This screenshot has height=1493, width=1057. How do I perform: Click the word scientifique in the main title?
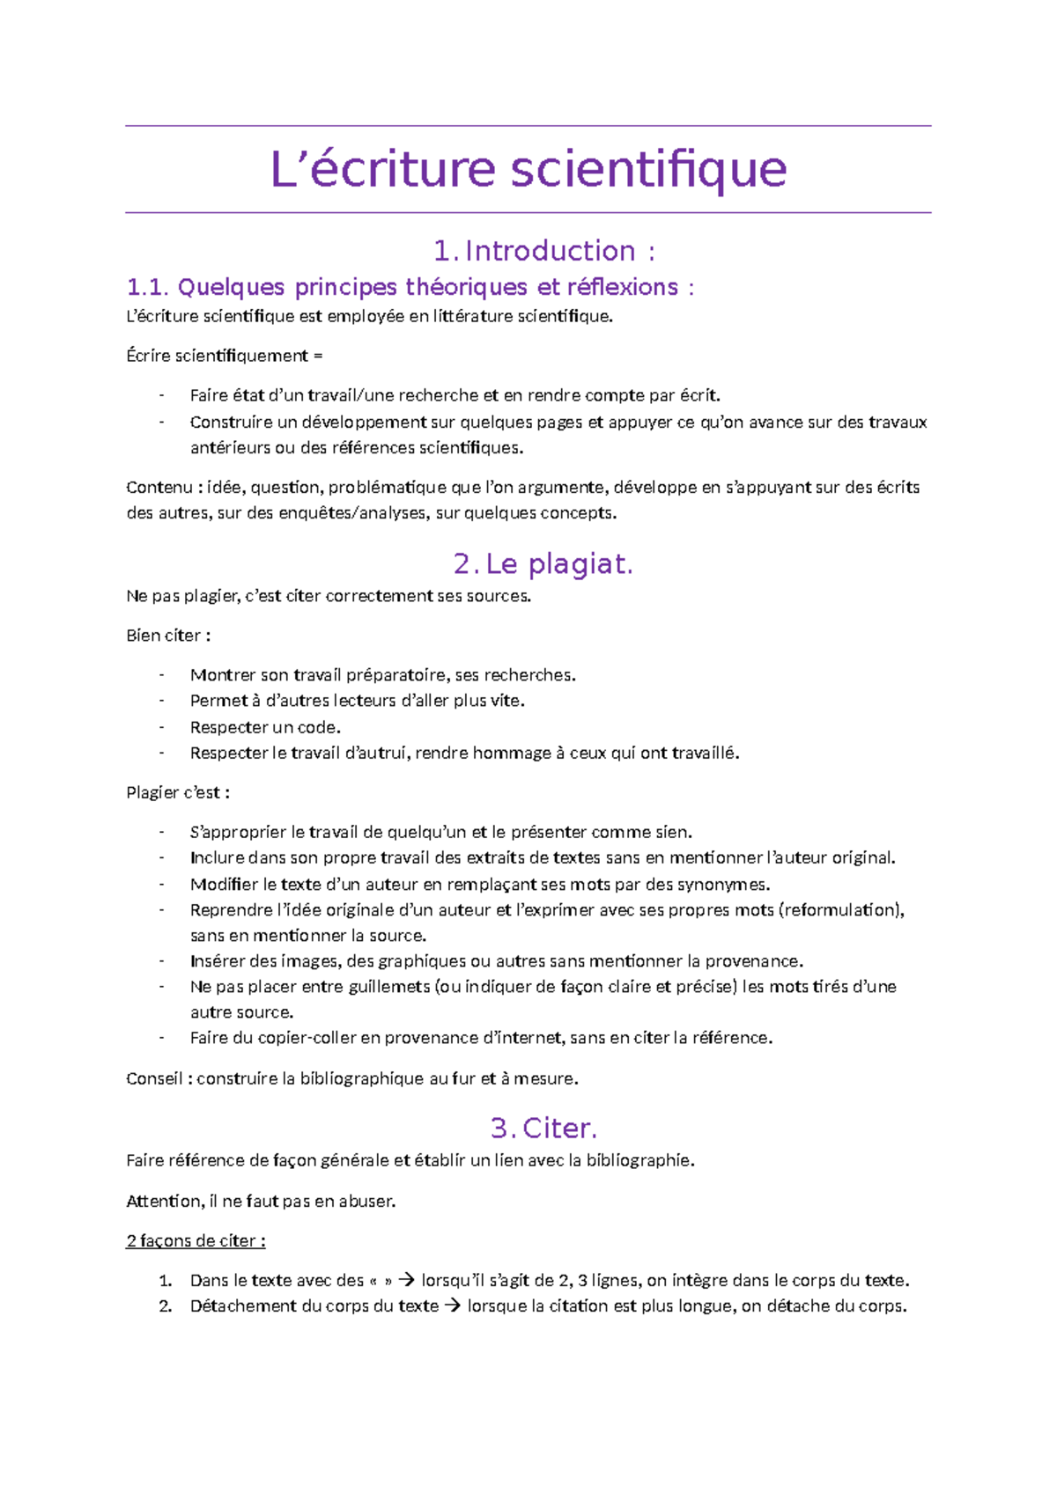(648, 169)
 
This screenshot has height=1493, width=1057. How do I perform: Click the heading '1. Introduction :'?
(544, 251)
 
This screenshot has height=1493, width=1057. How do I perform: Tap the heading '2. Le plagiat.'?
(543, 563)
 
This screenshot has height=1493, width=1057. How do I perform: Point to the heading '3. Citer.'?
(543, 1128)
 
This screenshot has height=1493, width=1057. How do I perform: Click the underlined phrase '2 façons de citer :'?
(196, 1240)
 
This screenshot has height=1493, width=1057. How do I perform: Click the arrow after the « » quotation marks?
(406, 1280)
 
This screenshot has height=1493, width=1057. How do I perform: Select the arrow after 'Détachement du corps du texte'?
(453, 1305)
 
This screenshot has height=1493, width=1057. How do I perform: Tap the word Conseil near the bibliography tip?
(155, 1078)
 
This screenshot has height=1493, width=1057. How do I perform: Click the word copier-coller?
(307, 1038)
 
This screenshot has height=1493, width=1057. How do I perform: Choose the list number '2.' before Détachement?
(165, 1305)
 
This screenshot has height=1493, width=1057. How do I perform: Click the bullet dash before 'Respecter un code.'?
(161, 727)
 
